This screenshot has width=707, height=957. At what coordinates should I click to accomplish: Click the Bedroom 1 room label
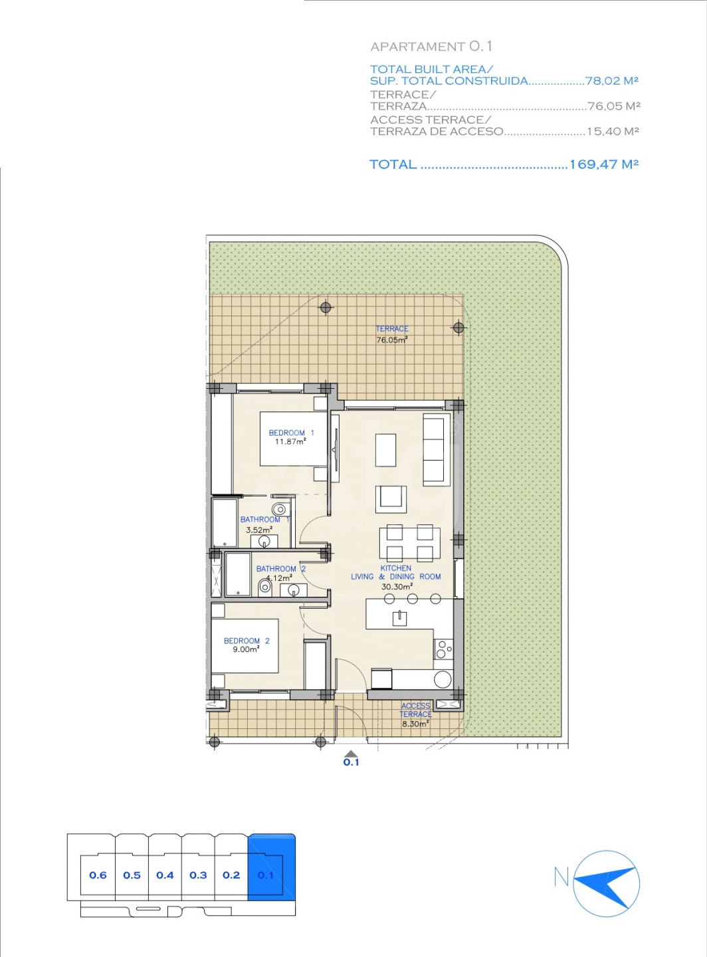click(x=291, y=433)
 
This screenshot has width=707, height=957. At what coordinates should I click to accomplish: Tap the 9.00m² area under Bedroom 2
click(x=246, y=649)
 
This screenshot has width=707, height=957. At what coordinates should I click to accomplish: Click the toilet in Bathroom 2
click(x=264, y=587)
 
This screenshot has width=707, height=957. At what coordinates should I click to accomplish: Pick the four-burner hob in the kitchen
click(x=443, y=649)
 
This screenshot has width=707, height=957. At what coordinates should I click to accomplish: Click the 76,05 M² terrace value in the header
click(x=613, y=106)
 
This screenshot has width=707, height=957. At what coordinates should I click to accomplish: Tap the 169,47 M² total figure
click(x=604, y=164)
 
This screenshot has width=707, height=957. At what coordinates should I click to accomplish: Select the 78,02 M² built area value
click(x=612, y=80)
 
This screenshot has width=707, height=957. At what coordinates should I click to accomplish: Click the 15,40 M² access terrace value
click(x=613, y=131)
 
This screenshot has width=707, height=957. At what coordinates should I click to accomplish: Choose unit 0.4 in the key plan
click(x=165, y=875)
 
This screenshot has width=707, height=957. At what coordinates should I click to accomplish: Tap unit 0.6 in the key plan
click(x=98, y=875)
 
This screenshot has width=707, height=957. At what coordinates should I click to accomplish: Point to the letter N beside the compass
click(x=561, y=877)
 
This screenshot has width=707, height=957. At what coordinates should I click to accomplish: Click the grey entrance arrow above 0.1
click(x=351, y=754)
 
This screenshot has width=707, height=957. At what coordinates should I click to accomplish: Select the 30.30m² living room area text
click(x=397, y=586)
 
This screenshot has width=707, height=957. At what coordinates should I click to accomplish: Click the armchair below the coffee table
click(x=391, y=499)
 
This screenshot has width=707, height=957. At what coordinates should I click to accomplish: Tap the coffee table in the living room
click(x=385, y=450)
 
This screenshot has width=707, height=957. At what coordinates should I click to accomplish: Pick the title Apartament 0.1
click(x=431, y=47)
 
